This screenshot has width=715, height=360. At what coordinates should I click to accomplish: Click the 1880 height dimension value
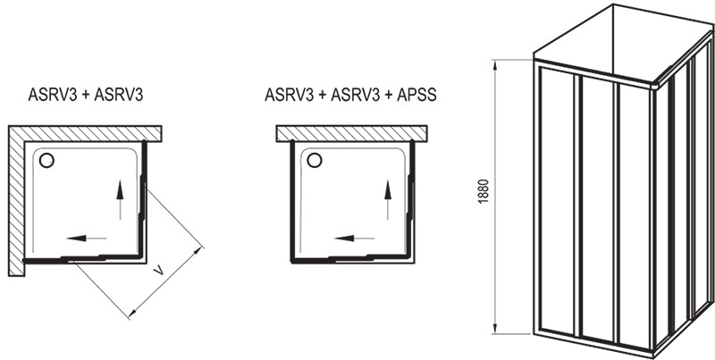click(x=484, y=191)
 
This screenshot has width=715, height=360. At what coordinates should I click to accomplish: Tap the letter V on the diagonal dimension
click(x=158, y=272)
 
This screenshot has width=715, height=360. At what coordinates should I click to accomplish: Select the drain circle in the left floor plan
click(x=46, y=161)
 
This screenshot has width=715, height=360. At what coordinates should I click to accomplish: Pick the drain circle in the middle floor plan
click(x=315, y=161)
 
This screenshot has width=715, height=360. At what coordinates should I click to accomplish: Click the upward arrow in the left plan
click(x=120, y=199)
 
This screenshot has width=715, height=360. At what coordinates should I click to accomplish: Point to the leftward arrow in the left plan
click(x=87, y=238)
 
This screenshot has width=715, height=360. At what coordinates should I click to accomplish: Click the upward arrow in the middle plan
click(x=388, y=199)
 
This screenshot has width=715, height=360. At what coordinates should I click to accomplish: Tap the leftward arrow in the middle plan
click(x=355, y=238)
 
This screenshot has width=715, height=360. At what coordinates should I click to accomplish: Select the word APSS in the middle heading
click(x=416, y=95)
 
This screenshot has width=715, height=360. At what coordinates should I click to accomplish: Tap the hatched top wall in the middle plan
click(x=351, y=133)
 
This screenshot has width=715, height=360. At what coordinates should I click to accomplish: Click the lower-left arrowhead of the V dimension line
click(x=131, y=313)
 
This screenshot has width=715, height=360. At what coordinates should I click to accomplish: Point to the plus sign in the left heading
click(x=86, y=96)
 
